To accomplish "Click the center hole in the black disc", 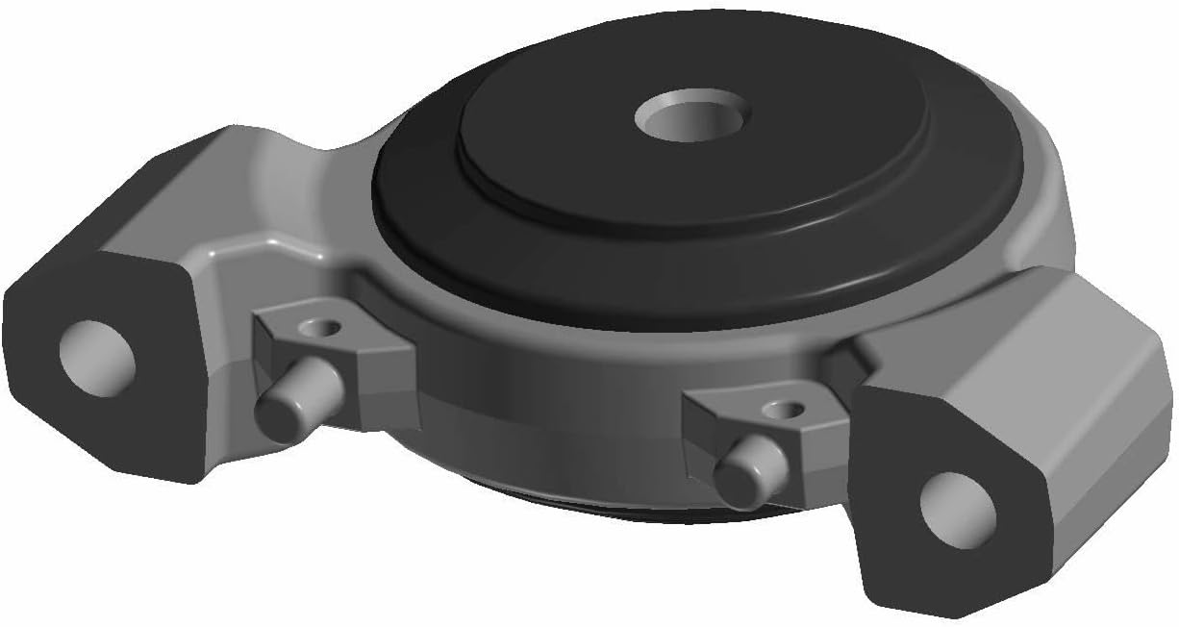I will tap(691, 117).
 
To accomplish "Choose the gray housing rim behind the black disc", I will tap(1039, 192).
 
